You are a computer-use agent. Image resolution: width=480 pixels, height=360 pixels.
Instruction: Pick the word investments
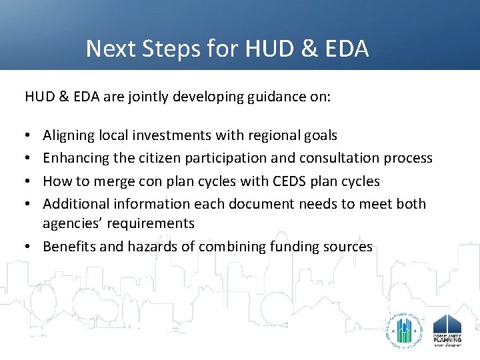[x=172, y=135]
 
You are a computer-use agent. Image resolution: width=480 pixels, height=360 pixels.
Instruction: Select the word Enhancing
[x=74, y=158]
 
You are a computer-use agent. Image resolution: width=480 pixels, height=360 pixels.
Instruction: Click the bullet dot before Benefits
[x=29, y=246]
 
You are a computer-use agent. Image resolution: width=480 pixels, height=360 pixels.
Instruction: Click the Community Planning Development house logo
[x=447, y=330]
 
